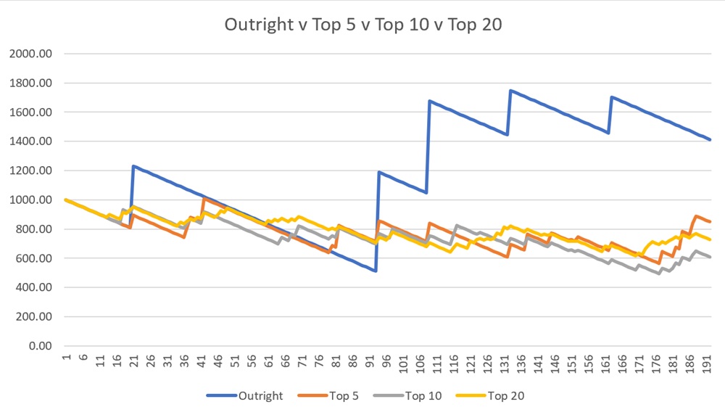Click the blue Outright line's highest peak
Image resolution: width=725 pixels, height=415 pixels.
pos(511,91)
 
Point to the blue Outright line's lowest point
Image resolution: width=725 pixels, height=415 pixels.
pos(375,271)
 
